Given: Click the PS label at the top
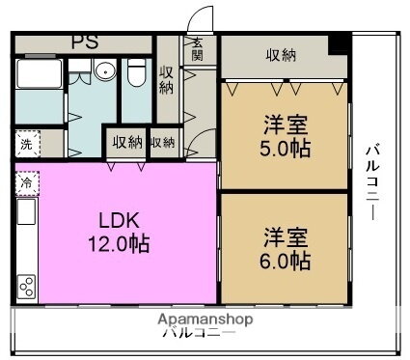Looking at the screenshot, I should [x=84, y=42].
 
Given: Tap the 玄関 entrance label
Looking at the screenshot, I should [x=197, y=49].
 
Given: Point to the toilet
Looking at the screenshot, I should [x=136, y=72].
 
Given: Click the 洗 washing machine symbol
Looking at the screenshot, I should [x=25, y=144].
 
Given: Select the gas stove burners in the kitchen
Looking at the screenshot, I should [x=27, y=285].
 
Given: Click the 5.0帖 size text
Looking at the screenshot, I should [x=286, y=149].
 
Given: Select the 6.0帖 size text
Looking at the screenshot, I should [x=286, y=261].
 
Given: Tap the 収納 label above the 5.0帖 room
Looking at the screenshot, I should [x=281, y=54].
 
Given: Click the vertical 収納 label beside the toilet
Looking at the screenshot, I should [x=167, y=80].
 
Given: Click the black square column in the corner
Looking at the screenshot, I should [x=338, y=44].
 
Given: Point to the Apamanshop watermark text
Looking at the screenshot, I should [x=205, y=318].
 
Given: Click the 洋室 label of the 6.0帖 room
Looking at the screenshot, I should [x=286, y=236].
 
